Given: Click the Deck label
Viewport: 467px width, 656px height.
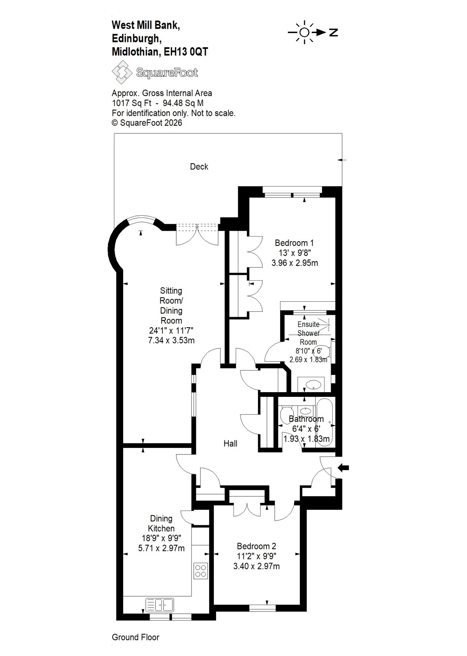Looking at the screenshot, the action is (x=199, y=167).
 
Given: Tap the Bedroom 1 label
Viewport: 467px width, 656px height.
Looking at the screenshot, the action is (x=294, y=243).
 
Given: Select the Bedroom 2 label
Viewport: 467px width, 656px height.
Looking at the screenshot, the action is (x=256, y=546).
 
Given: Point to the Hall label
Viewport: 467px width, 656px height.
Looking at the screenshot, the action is (x=230, y=444).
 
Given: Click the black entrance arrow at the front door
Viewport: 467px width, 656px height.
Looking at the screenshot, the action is (x=344, y=468).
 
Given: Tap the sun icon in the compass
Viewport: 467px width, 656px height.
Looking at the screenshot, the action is (x=304, y=32).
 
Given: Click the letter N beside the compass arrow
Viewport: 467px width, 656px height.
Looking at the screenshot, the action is (x=333, y=32).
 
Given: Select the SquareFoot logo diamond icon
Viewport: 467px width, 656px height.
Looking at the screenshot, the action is (x=122, y=72).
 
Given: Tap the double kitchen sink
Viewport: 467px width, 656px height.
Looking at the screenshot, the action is (x=160, y=605).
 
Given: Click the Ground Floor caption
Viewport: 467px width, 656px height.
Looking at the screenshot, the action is (x=136, y=637).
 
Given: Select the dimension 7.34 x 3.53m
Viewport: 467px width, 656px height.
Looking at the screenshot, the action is (x=172, y=340).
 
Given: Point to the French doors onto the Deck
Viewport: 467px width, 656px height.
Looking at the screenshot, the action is (x=197, y=234).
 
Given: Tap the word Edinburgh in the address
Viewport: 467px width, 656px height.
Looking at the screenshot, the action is (x=136, y=38).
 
